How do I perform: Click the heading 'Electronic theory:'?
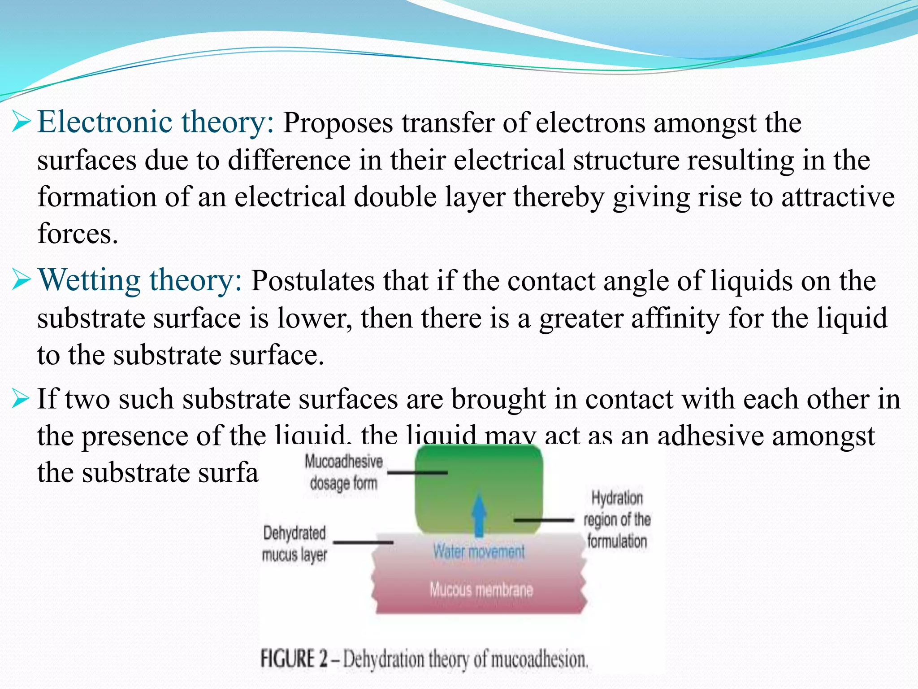pos(155,122)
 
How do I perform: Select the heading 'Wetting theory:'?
pos(140,280)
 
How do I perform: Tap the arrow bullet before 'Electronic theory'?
pos(21,122)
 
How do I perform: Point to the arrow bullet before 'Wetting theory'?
pos(21,280)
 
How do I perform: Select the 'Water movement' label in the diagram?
pos(479,551)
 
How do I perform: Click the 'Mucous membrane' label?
pos(481,589)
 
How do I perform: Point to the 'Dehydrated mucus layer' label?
pos(294,544)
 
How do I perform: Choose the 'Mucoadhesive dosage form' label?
pos(344,472)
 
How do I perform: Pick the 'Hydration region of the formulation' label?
pos(617,519)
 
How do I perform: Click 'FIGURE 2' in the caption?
pos(294,659)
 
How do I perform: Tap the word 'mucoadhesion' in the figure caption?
pos(539,660)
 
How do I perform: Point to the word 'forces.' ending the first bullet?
pos(78,234)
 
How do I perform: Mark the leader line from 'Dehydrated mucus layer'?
pos(363,542)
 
